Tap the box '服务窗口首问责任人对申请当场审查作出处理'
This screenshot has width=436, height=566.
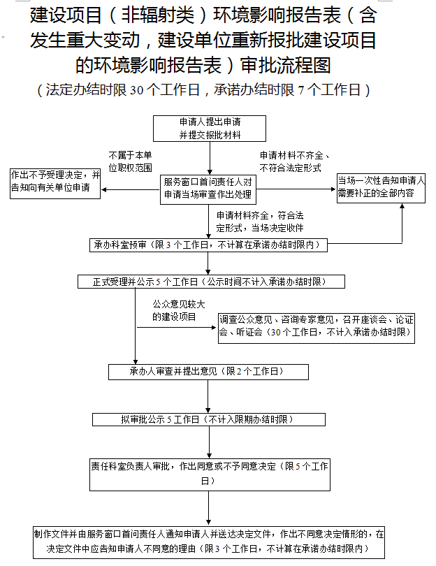pyautogui.click(x=209, y=187)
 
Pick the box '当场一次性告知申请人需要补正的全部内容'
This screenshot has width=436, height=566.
pyautogui.click(x=380, y=188)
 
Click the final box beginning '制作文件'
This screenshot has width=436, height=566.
pyautogui.click(x=209, y=542)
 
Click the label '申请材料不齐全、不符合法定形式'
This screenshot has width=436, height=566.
pyautogui.click(x=293, y=162)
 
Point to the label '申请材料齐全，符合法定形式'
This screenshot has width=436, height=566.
pyautogui.click(x=259, y=222)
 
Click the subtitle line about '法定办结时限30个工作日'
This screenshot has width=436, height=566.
pyautogui.click(x=203, y=89)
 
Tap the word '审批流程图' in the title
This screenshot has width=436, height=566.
pyautogui.click(x=284, y=65)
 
